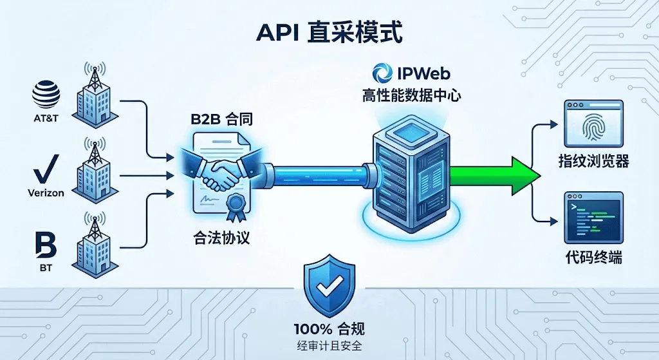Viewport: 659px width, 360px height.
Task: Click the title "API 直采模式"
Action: [x=329, y=32]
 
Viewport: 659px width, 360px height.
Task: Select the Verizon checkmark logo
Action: [x=46, y=170]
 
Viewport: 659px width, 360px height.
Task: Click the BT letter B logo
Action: [x=46, y=247]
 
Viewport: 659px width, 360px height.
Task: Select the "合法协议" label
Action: [x=220, y=238]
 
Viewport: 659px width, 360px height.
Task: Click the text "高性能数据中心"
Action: [x=411, y=97]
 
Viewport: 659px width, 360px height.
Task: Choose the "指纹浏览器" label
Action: [x=593, y=162]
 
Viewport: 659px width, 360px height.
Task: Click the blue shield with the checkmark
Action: [x=329, y=287]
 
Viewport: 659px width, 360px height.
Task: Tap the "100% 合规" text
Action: [x=329, y=329]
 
